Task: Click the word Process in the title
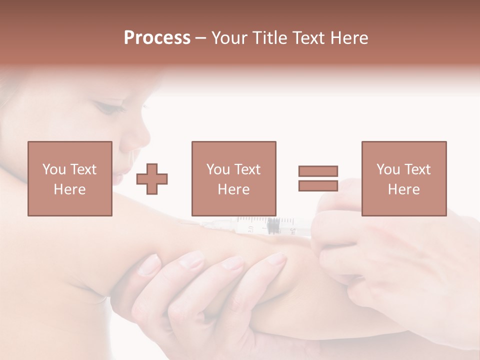click(157, 38)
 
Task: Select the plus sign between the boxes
click(152, 179)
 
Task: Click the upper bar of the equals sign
click(318, 171)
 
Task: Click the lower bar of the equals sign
click(318, 185)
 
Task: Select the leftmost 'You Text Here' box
click(69, 178)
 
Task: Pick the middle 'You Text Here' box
click(233, 178)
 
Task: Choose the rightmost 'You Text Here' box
click(403, 178)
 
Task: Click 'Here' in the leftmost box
click(69, 189)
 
